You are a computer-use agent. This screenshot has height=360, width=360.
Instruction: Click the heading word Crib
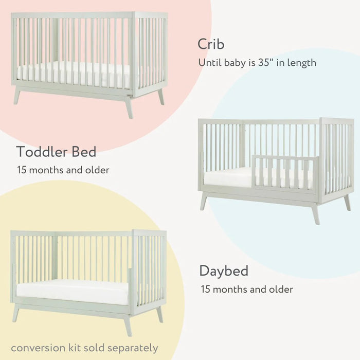pos(211,44)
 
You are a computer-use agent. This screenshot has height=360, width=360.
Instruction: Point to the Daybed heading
pos(224,271)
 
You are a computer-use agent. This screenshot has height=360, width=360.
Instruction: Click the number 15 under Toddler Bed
pos(22,170)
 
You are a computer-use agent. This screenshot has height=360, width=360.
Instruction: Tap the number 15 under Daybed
pos(206,289)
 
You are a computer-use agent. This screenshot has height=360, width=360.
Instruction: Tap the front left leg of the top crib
pos(17,96)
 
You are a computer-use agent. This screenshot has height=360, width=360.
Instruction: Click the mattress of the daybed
pos(72,292)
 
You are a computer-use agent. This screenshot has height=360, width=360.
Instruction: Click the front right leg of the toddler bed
pos(315,213)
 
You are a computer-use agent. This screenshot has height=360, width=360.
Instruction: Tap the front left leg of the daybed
pos(16,313)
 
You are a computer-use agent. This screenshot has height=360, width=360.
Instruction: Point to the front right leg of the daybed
pos(128,325)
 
